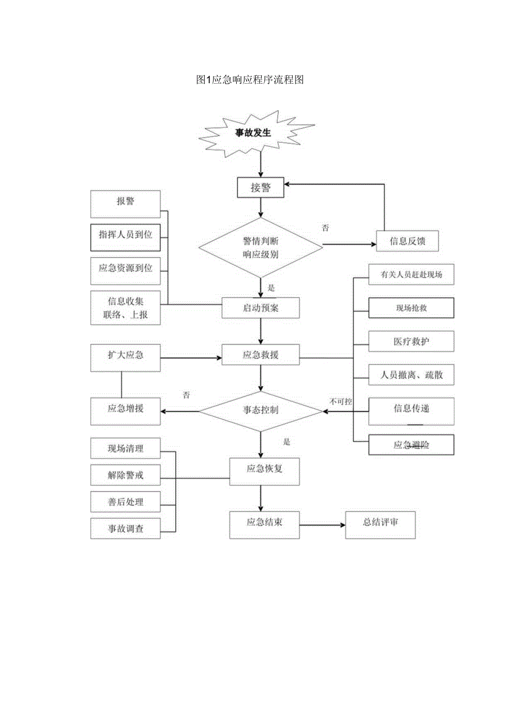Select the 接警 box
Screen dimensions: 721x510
pyautogui.click(x=261, y=187)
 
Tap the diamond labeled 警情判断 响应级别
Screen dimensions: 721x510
pyautogui.click(x=261, y=247)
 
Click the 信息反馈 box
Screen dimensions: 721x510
pyautogui.click(x=407, y=241)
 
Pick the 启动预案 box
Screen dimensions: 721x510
pyautogui.click(x=261, y=308)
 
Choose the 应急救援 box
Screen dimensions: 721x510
pyautogui.click(x=261, y=355)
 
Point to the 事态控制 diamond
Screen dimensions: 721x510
pyautogui.click(x=261, y=411)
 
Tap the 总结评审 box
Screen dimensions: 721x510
pyautogui.click(x=380, y=523)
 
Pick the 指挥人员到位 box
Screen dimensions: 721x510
pyautogui.click(x=125, y=235)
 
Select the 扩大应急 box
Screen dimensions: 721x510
pyautogui.click(x=125, y=355)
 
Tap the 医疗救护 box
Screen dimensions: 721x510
pyautogui.click(x=411, y=342)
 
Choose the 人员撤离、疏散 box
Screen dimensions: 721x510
pyautogui.click(x=411, y=375)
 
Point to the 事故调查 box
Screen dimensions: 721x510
pyautogui.click(x=125, y=529)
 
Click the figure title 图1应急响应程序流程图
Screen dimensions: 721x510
pyautogui.click(x=250, y=80)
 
